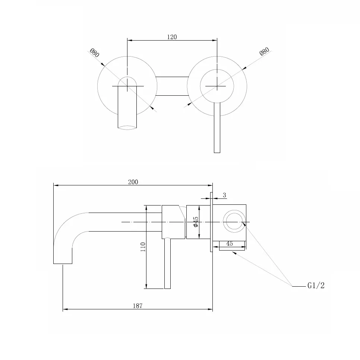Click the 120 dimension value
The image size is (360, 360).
coord(172,37)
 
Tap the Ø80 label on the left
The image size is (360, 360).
coord(94,53)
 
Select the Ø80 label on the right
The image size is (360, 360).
coord(264,51)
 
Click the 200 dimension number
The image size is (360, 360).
coord(133,182)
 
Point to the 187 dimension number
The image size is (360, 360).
coord(138,306)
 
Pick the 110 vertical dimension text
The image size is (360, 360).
coord(143,247)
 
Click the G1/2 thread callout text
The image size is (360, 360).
coord(316,286)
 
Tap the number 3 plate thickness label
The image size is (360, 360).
coord(224,195)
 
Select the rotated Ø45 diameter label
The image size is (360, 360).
coord(196,222)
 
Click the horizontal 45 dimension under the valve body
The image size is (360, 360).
coord(230,243)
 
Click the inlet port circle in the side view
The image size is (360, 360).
coord(234,221)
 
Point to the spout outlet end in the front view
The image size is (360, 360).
coord(127,128)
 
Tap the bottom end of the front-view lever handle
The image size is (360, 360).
coord(217,152)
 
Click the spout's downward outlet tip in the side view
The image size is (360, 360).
coord(63,264)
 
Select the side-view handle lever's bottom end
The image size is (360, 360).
coord(167,289)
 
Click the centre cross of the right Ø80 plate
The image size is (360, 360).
coord(217,86)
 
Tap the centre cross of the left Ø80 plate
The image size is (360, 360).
coord(127,86)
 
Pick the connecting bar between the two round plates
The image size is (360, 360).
coord(172,86)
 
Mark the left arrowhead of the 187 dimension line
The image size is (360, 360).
coord(65,309)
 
